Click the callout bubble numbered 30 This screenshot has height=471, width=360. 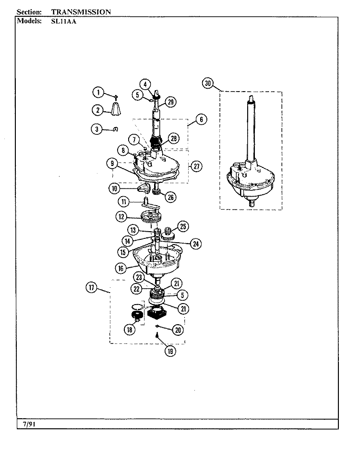[x=208, y=83]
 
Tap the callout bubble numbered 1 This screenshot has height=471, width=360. [x=98, y=92]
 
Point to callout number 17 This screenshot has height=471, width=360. [x=91, y=287]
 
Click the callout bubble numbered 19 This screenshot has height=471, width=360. [x=170, y=351]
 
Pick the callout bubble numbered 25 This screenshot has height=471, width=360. [x=183, y=226]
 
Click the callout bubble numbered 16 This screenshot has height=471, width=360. [x=121, y=268]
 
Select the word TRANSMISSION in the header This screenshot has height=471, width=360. [x=81, y=12]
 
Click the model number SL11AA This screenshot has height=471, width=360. [x=64, y=21]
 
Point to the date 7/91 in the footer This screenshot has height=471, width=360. [x=29, y=424]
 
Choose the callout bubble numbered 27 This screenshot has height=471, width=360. [x=196, y=166]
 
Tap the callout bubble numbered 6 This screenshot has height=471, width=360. [x=201, y=119]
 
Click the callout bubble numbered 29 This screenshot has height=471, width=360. [x=170, y=102]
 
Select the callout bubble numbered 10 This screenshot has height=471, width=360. [x=114, y=188]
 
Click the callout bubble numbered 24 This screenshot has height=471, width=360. [x=196, y=244]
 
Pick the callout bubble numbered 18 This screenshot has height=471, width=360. [x=130, y=330]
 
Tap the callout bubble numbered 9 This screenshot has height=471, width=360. [x=112, y=163]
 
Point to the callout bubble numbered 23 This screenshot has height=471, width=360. [x=139, y=277]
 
